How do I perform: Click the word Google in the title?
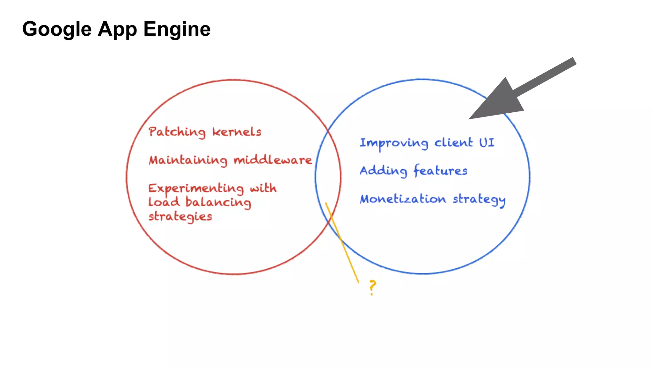[x=57, y=29]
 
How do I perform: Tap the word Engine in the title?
[x=177, y=29]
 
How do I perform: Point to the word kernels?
[x=237, y=132]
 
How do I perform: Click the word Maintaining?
[x=188, y=160]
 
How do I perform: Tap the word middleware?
[x=273, y=160]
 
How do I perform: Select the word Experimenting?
[x=196, y=188]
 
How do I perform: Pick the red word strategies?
[x=180, y=217]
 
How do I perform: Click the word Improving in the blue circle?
[x=394, y=143]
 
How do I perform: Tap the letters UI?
[x=487, y=143]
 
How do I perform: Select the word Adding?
[x=384, y=171]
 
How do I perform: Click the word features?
[x=440, y=171]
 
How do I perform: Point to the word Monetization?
[x=403, y=199]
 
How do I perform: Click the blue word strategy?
[x=479, y=200]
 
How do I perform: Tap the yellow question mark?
[x=372, y=287]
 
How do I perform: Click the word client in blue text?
[x=453, y=143]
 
